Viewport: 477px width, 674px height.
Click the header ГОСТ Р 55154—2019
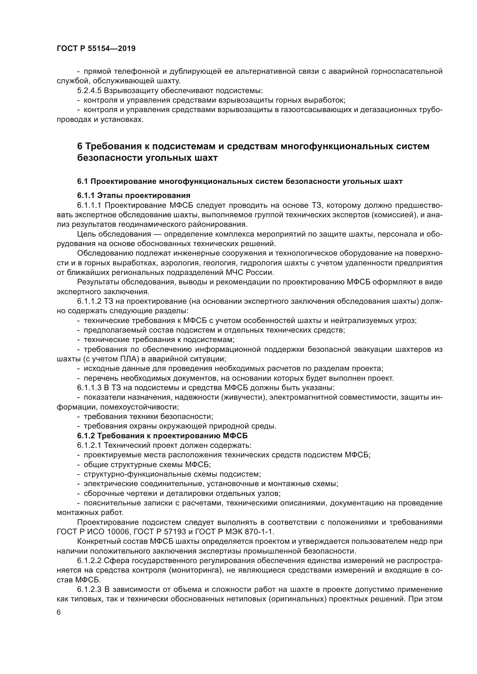96,49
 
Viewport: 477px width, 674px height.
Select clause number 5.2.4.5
89,90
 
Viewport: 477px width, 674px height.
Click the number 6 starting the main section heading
80,146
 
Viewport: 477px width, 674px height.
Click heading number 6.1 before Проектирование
82,182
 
